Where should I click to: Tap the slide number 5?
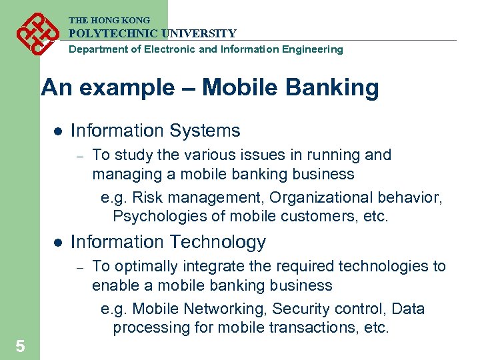coord(21,346)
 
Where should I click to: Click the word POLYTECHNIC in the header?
coord(110,33)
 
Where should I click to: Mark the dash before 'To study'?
coord(79,156)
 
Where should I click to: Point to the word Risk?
coord(147,198)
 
